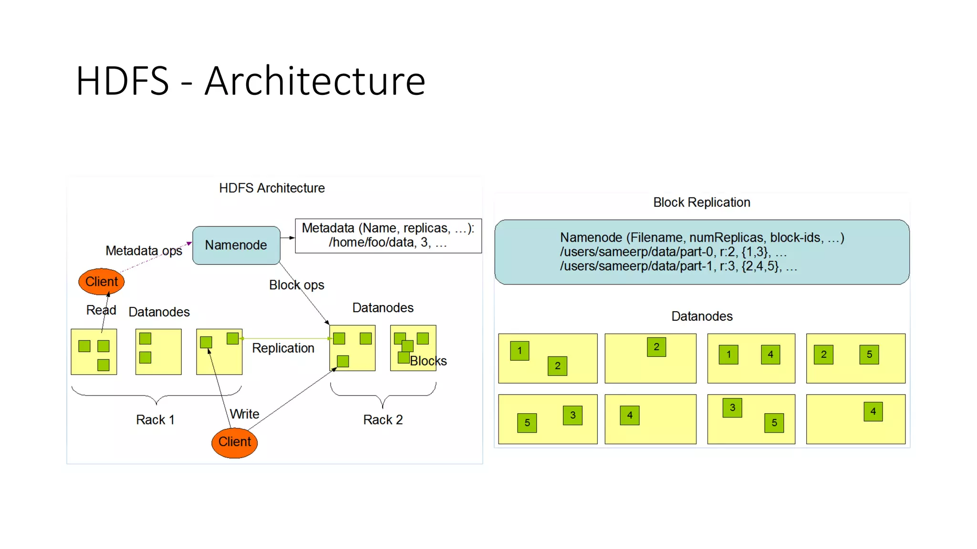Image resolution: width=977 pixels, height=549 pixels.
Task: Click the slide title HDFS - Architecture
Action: click(250, 81)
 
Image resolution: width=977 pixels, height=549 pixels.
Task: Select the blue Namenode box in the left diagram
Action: click(236, 245)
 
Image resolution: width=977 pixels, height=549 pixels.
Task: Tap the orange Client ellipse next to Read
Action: click(102, 282)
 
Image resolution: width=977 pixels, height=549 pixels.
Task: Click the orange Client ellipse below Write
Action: click(234, 442)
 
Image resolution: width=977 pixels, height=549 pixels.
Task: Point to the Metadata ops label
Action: click(144, 251)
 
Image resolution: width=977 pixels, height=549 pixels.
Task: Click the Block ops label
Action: click(296, 285)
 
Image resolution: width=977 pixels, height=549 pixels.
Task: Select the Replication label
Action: click(283, 348)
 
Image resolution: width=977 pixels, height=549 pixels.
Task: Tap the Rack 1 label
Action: click(155, 420)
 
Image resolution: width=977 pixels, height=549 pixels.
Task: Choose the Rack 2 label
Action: click(383, 420)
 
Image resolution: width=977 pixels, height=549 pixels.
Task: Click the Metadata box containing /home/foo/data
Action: click(388, 235)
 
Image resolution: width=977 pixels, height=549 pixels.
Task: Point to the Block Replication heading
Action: click(701, 203)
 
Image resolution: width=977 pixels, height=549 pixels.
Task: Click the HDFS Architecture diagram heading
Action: click(272, 188)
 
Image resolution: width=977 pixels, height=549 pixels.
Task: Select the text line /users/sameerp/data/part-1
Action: click(678, 266)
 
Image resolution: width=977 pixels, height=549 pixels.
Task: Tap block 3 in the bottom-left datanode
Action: click(572, 415)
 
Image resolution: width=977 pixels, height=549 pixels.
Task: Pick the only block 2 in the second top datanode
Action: click(656, 347)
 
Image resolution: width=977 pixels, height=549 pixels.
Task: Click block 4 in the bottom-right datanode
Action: click(873, 411)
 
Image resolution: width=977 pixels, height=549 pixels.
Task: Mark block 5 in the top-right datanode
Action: click(869, 355)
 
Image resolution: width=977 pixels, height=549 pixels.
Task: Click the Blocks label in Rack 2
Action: click(428, 361)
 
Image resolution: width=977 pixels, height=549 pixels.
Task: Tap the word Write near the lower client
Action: click(245, 414)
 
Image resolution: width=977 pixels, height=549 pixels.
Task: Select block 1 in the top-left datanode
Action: click(520, 351)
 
